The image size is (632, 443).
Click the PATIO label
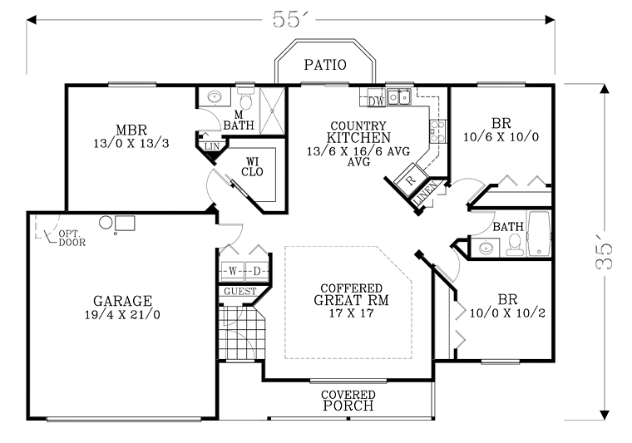[325, 65]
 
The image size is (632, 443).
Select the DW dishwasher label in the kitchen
[377, 101]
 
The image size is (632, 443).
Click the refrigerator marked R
[409, 180]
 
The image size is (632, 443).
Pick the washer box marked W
[233, 272]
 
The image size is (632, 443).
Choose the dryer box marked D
[257, 272]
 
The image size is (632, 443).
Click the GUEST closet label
[239, 291]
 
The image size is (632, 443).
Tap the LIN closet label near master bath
[211, 146]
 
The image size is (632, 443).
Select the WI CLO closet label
[252, 167]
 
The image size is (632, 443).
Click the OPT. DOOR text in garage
[72, 238]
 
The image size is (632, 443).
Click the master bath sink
[215, 96]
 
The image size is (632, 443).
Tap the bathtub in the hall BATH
[539, 234]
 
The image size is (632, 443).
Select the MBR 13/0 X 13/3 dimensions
[131, 143]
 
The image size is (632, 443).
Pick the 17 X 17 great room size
[351, 313]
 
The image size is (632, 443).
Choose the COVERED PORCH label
[348, 401]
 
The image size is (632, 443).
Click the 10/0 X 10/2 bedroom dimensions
[507, 313]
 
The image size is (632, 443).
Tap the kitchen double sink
[398, 97]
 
